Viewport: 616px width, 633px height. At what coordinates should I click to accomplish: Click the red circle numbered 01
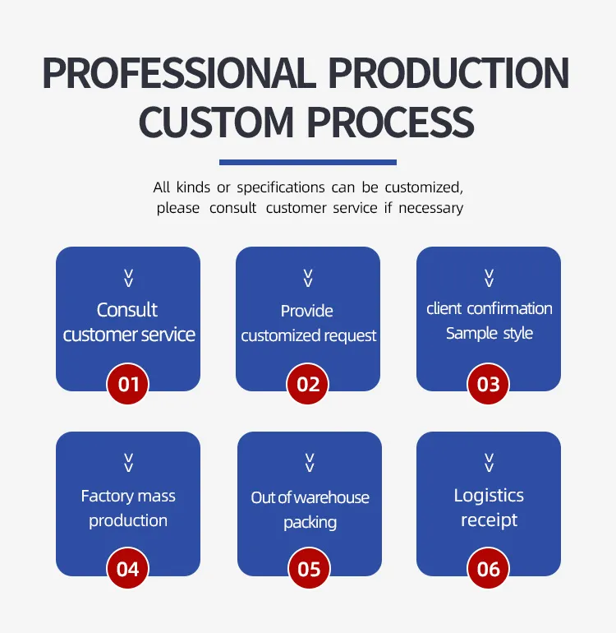click(x=128, y=384)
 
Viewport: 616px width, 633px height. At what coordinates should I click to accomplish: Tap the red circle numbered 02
click(x=308, y=384)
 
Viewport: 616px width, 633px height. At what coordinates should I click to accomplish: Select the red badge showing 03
click(x=488, y=384)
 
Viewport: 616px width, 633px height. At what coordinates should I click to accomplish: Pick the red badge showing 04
click(x=128, y=568)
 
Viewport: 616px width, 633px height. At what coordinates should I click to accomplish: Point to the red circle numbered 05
click(x=309, y=568)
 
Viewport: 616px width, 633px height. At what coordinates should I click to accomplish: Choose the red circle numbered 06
click(x=488, y=568)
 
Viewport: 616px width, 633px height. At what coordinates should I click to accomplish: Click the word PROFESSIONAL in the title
click(x=179, y=73)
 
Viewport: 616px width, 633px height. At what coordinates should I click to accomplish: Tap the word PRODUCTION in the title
click(x=449, y=73)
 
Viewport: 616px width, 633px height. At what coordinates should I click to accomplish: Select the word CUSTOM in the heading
click(x=216, y=122)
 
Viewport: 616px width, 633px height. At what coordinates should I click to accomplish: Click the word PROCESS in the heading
click(x=390, y=122)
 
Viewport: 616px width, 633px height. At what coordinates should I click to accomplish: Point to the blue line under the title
click(x=308, y=162)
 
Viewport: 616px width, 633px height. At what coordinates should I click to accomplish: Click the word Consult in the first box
click(x=127, y=310)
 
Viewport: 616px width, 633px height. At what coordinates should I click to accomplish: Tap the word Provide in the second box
click(x=307, y=311)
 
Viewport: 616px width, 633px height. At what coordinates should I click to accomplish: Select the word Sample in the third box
click(x=471, y=334)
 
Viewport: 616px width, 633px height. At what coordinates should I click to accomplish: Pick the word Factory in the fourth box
click(x=108, y=497)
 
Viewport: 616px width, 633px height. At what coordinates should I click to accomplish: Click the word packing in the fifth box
click(x=310, y=522)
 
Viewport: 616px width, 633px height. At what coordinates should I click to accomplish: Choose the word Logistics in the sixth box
click(x=489, y=496)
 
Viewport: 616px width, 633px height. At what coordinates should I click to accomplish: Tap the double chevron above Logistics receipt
click(x=489, y=463)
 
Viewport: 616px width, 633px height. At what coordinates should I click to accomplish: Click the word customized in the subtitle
click(x=424, y=187)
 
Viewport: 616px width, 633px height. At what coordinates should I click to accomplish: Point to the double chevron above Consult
click(x=129, y=278)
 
